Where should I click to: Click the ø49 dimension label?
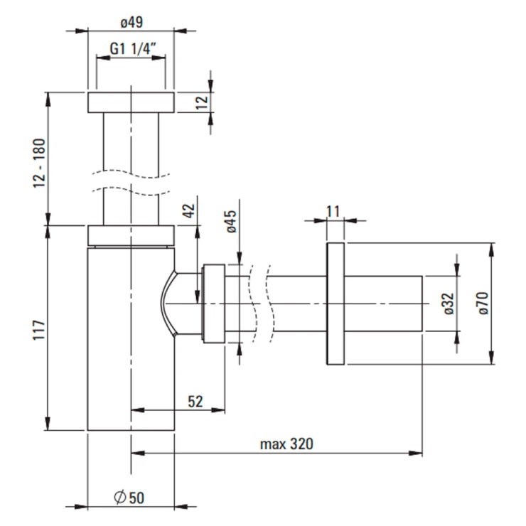(131, 23)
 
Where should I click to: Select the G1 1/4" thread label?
(133, 49)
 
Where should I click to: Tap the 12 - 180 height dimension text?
(39, 163)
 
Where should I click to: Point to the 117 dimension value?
(39, 331)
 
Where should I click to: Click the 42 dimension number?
(189, 210)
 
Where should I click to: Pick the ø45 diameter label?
(231, 222)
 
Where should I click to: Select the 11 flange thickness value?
(333, 212)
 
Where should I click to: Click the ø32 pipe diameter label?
(449, 304)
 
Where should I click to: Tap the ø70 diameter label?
(483, 304)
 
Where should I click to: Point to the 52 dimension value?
(195, 402)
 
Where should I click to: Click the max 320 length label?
(287, 444)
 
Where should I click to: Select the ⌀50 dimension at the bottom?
(129, 498)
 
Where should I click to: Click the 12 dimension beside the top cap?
(202, 102)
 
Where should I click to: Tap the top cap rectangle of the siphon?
(131, 102)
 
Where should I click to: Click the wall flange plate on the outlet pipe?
(336, 304)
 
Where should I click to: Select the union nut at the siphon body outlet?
(213, 304)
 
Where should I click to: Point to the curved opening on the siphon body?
(168, 304)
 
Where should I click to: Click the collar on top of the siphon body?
(131, 235)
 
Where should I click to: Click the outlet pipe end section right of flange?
(383, 304)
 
